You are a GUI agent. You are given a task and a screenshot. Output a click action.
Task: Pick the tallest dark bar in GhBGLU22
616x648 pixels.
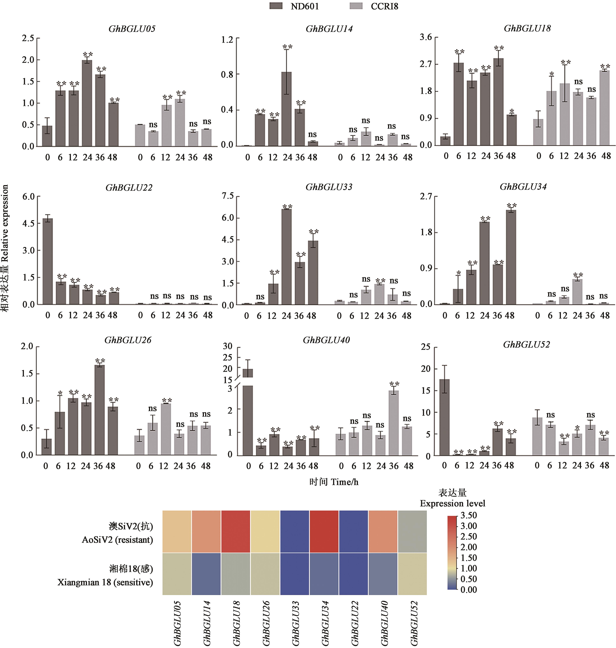[x=48, y=261]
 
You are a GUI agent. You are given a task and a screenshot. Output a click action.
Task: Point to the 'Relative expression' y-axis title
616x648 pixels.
[x=5, y=248]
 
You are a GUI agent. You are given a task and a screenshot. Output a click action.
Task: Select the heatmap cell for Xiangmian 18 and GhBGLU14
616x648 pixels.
[x=206, y=574]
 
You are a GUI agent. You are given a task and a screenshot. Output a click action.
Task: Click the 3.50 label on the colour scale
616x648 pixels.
[x=468, y=515]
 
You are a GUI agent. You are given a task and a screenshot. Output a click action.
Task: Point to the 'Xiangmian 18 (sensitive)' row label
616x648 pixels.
[x=105, y=582]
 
